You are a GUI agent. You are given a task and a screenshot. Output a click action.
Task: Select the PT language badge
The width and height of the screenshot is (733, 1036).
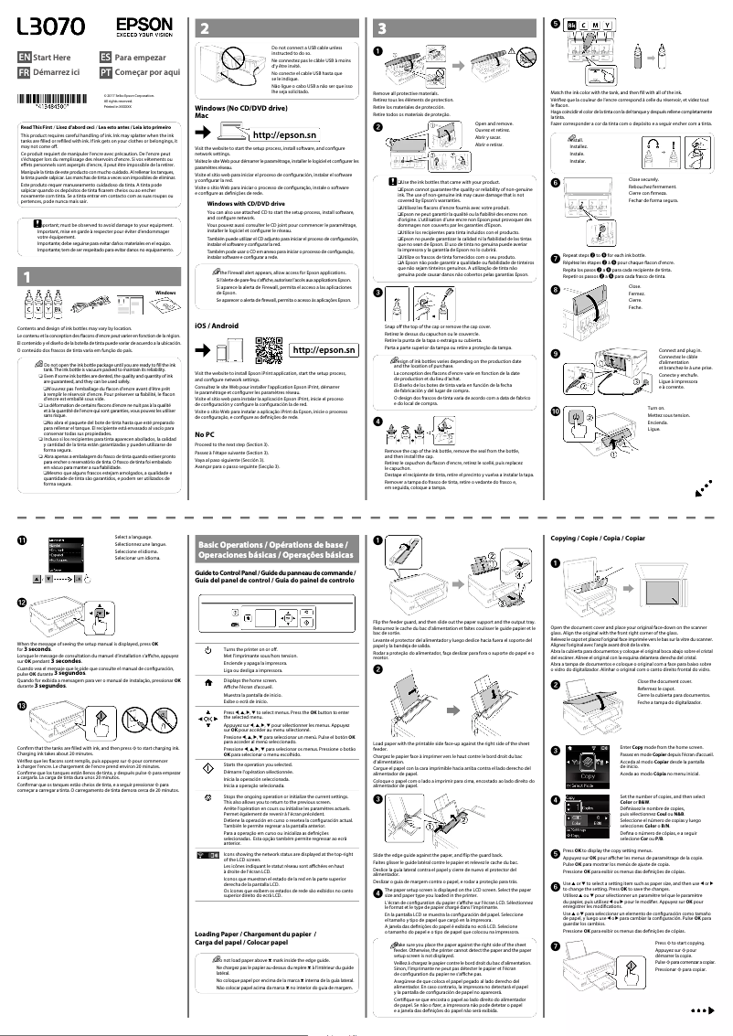point(106,71)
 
